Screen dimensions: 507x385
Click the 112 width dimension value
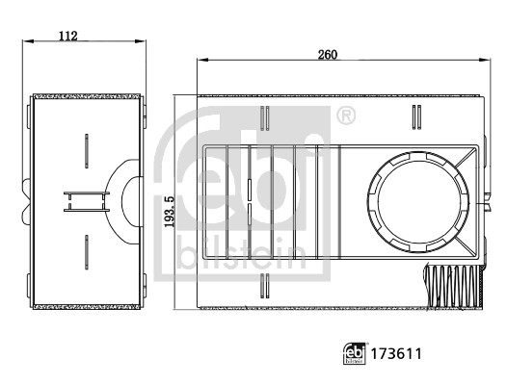(68, 36)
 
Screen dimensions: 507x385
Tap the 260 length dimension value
(327, 55)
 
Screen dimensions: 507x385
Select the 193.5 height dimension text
(169, 212)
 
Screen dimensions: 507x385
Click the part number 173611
(396, 354)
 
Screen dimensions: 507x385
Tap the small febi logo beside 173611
(355, 353)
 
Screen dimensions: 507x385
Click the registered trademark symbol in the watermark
(346, 115)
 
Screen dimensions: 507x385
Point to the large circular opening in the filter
(418, 202)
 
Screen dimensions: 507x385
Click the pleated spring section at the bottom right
(454, 287)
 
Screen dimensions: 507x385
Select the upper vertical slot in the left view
(87, 151)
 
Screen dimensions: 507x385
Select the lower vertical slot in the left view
(87, 252)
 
